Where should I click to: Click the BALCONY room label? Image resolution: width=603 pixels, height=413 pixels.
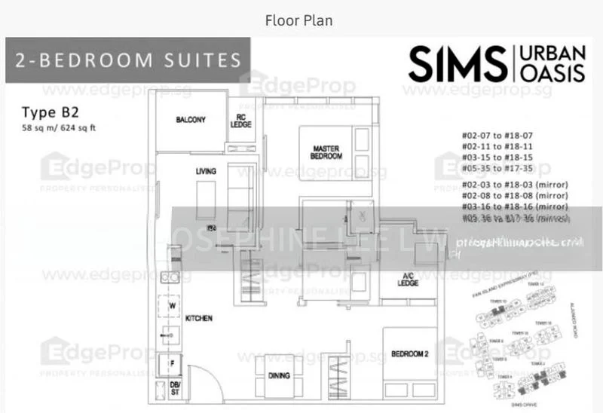[x=191, y=120]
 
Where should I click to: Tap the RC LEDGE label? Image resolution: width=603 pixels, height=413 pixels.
[x=240, y=121]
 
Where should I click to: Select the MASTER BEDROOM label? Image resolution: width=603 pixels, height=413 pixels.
[x=326, y=152]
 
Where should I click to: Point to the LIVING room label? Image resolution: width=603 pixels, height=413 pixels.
[x=206, y=172]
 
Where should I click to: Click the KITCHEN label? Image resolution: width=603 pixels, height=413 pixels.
[x=199, y=319]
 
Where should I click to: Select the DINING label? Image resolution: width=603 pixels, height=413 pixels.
[x=279, y=396]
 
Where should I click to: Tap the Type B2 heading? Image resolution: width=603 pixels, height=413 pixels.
[x=46, y=112]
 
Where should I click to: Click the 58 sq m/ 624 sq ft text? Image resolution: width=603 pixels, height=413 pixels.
[x=59, y=127]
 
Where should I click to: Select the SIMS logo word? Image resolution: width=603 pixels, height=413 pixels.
[x=456, y=63]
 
